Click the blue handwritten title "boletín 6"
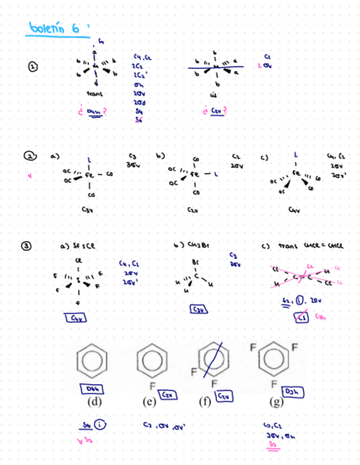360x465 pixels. [x=53, y=28]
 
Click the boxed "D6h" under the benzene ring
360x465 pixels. [x=91, y=388]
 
